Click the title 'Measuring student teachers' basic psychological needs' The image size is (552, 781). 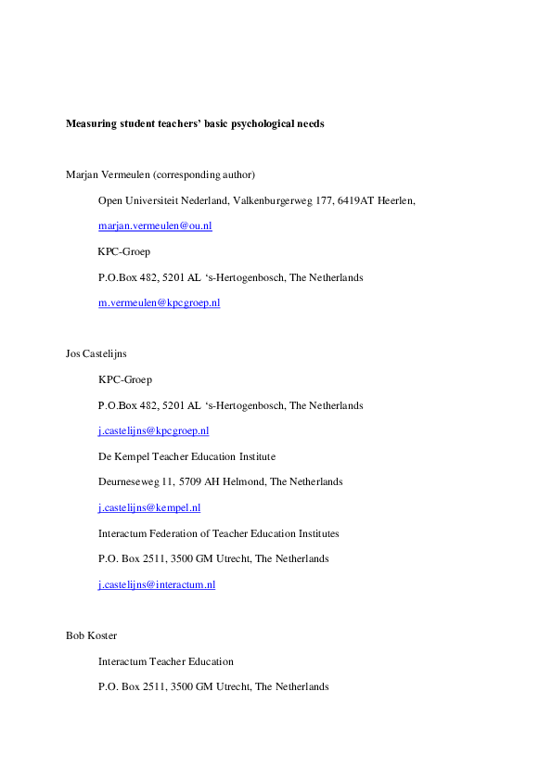(x=195, y=123)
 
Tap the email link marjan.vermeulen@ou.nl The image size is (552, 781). (x=155, y=226)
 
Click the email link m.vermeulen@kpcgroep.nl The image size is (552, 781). (x=159, y=303)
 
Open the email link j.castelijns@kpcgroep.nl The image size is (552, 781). (x=153, y=431)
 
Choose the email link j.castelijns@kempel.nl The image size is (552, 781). (x=149, y=507)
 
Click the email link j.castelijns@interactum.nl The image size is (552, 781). (x=157, y=584)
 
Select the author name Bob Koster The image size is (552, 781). (x=90, y=635)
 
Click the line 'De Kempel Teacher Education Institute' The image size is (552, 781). (x=186, y=456)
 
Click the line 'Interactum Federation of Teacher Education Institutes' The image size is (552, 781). (x=218, y=533)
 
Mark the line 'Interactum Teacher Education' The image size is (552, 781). (x=166, y=661)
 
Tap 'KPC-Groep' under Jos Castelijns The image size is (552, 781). (x=124, y=380)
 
